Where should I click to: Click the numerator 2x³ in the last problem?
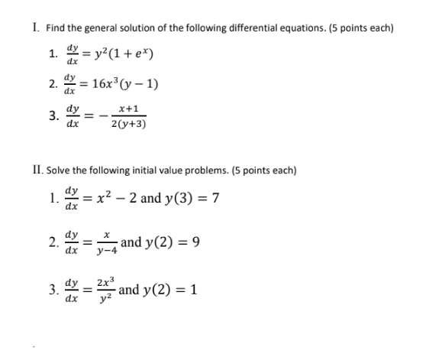tap(105, 282)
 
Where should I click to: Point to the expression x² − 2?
tap(111, 199)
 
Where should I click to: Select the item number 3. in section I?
tap(52, 116)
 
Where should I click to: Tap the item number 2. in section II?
tap(52, 245)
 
